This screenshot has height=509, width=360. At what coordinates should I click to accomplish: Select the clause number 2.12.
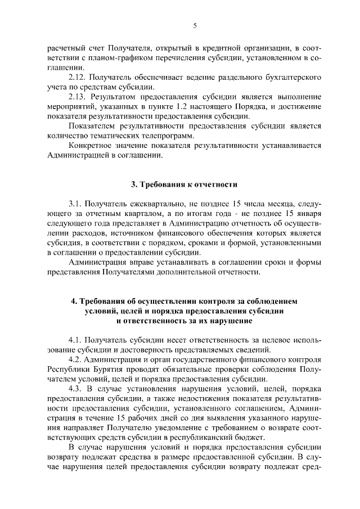(78, 76)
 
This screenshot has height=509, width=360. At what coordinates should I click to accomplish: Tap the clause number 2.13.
(78, 96)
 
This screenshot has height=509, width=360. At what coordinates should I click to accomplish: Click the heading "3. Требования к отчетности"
(180, 184)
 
